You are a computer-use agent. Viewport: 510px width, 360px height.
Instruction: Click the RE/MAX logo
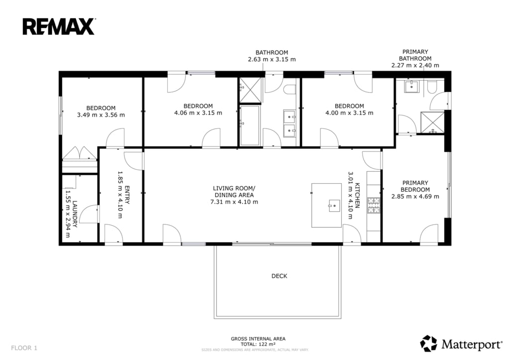point(59,27)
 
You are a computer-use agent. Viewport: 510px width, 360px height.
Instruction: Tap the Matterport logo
point(461,344)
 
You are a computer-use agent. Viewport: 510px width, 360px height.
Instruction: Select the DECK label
point(279,276)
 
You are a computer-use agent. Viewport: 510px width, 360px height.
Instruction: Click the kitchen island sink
point(334,206)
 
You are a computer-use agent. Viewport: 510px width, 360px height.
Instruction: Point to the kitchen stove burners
point(374,205)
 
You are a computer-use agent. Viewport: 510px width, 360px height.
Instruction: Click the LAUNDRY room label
point(75,214)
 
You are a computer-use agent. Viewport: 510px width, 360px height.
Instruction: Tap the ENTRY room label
point(127,195)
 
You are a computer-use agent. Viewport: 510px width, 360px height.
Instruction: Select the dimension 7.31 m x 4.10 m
point(234,202)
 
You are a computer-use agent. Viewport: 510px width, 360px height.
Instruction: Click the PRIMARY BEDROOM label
point(415,186)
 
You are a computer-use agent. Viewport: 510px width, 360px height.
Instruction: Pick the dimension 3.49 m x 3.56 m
point(101,115)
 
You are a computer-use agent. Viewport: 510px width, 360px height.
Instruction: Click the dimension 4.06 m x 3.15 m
point(198,113)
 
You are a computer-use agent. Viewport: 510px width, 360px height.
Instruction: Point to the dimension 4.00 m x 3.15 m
point(349,113)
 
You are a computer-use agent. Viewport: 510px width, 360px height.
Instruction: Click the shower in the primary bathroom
point(432,122)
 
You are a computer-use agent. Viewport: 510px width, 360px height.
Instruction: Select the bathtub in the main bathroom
point(250,125)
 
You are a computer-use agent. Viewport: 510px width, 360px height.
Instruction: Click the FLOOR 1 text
point(24,348)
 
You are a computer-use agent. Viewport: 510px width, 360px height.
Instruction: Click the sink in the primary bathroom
point(411,87)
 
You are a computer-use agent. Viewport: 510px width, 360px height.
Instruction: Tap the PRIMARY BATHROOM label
point(415,55)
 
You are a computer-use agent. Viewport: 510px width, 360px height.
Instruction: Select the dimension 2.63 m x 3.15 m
point(272,60)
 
